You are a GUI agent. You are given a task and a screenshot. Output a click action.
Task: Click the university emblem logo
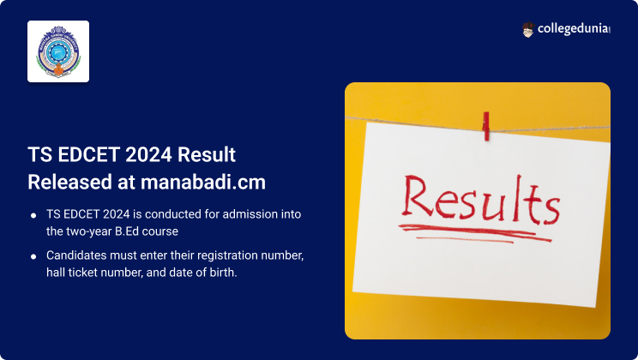[x=58, y=51]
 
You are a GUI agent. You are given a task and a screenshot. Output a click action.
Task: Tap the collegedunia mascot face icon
[x=527, y=30]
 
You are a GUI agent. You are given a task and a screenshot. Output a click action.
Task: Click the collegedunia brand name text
[x=574, y=29]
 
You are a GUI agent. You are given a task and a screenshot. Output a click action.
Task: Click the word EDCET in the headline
[x=88, y=154]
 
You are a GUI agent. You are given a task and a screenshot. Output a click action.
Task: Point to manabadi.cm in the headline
[x=203, y=182]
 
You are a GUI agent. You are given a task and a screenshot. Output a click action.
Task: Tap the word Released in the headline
[x=69, y=182]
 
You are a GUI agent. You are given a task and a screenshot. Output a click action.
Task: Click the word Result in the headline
[x=207, y=154]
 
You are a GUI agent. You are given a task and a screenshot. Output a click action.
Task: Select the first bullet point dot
[x=33, y=215]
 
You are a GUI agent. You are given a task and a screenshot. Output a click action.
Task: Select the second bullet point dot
[x=33, y=256]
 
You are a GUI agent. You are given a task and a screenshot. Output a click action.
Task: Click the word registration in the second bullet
[x=228, y=256]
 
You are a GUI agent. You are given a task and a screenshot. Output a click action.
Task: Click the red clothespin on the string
[x=486, y=126]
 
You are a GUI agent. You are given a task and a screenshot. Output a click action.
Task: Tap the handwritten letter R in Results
[x=417, y=196]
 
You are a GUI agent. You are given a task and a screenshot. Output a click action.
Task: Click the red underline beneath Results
[x=475, y=233]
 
